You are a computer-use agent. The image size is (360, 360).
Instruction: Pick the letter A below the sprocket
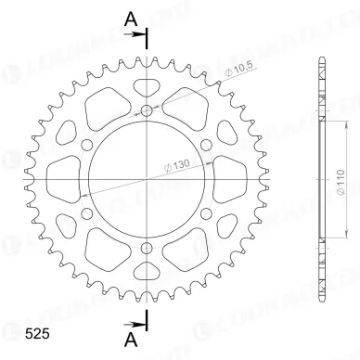[131, 340]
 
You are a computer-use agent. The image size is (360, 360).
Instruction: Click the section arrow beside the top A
[140, 35]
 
